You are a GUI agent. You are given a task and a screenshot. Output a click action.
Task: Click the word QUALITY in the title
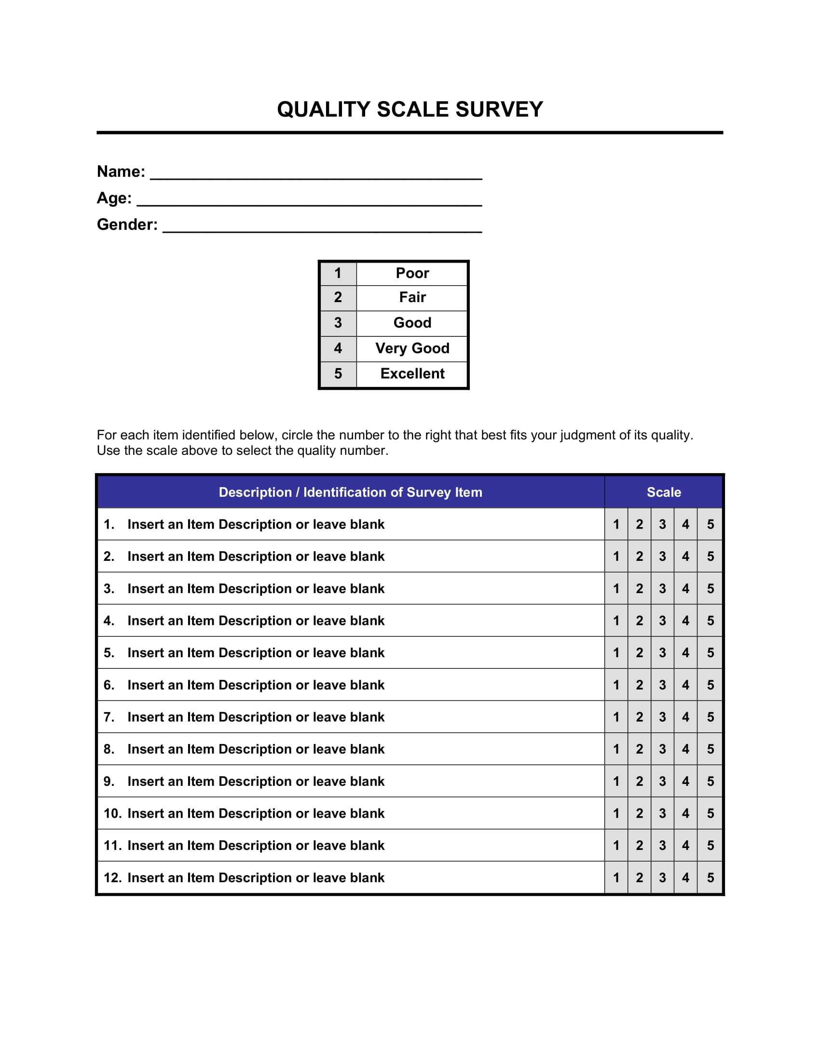tap(324, 110)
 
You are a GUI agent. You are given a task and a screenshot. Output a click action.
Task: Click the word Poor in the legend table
tap(412, 273)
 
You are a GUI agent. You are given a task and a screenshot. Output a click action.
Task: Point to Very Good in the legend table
tap(412, 348)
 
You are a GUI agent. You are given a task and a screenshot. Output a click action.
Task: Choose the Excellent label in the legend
tap(412, 374)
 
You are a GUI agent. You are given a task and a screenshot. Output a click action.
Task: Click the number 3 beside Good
tap(338, 323)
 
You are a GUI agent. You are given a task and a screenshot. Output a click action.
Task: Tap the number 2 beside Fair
tap(338, 297)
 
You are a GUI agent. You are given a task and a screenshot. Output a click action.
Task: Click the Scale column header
tap(664, 492)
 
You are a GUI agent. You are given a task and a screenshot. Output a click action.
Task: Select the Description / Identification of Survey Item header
tap(350, 492)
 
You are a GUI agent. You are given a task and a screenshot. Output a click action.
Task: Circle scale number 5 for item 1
tap(710, 524)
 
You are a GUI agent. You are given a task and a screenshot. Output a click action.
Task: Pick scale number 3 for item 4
tap(662, 621)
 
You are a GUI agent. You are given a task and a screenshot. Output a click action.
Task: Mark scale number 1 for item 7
tap(616, 717)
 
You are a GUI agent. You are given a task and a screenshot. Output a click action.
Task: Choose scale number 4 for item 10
tap(685, 813)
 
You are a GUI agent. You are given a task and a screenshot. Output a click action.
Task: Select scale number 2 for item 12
tap(639, 877)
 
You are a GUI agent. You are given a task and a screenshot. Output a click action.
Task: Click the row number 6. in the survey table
tap(109, 685)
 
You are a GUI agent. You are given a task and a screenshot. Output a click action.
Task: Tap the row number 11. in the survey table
tap(112, 846)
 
